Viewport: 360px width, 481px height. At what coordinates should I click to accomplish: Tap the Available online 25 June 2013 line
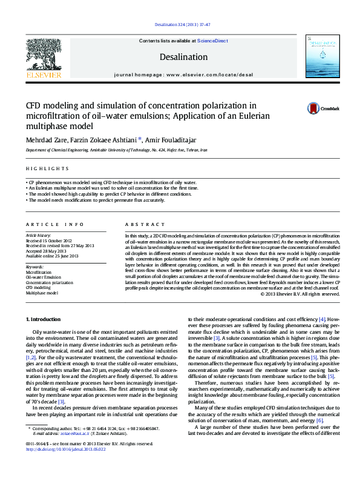52,255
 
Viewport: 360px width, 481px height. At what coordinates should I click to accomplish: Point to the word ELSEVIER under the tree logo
43,76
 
